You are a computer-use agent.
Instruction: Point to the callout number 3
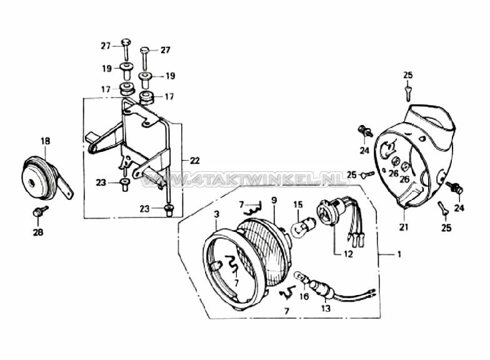click(x=217, y=214)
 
